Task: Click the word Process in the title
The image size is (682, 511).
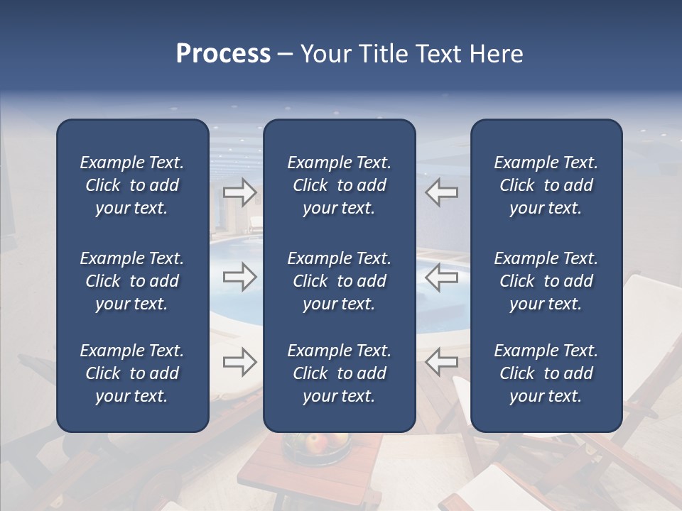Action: [223, 54]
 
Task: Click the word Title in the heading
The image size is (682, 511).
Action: [380, 54]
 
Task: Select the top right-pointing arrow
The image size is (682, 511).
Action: [239, 192]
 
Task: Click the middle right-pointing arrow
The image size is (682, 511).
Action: [239, 277]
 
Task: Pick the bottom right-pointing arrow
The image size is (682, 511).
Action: [239, 362]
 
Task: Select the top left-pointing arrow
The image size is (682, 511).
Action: [441, 192]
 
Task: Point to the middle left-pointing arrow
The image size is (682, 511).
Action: [441, 277]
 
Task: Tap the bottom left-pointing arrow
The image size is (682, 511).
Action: [441, 362]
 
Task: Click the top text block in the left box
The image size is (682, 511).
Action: [132, 185]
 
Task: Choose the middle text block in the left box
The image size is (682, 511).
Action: [132, 281]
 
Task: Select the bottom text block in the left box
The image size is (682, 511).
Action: [132, 373]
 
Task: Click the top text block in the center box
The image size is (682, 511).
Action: [339, 185]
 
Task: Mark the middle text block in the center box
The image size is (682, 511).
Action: [339, 281]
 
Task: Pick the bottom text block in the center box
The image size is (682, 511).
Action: [339, 373]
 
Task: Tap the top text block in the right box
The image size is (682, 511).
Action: [546, 185]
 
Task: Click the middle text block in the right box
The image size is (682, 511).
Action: [546, 281]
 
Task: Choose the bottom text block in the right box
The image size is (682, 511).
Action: [546, 373]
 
